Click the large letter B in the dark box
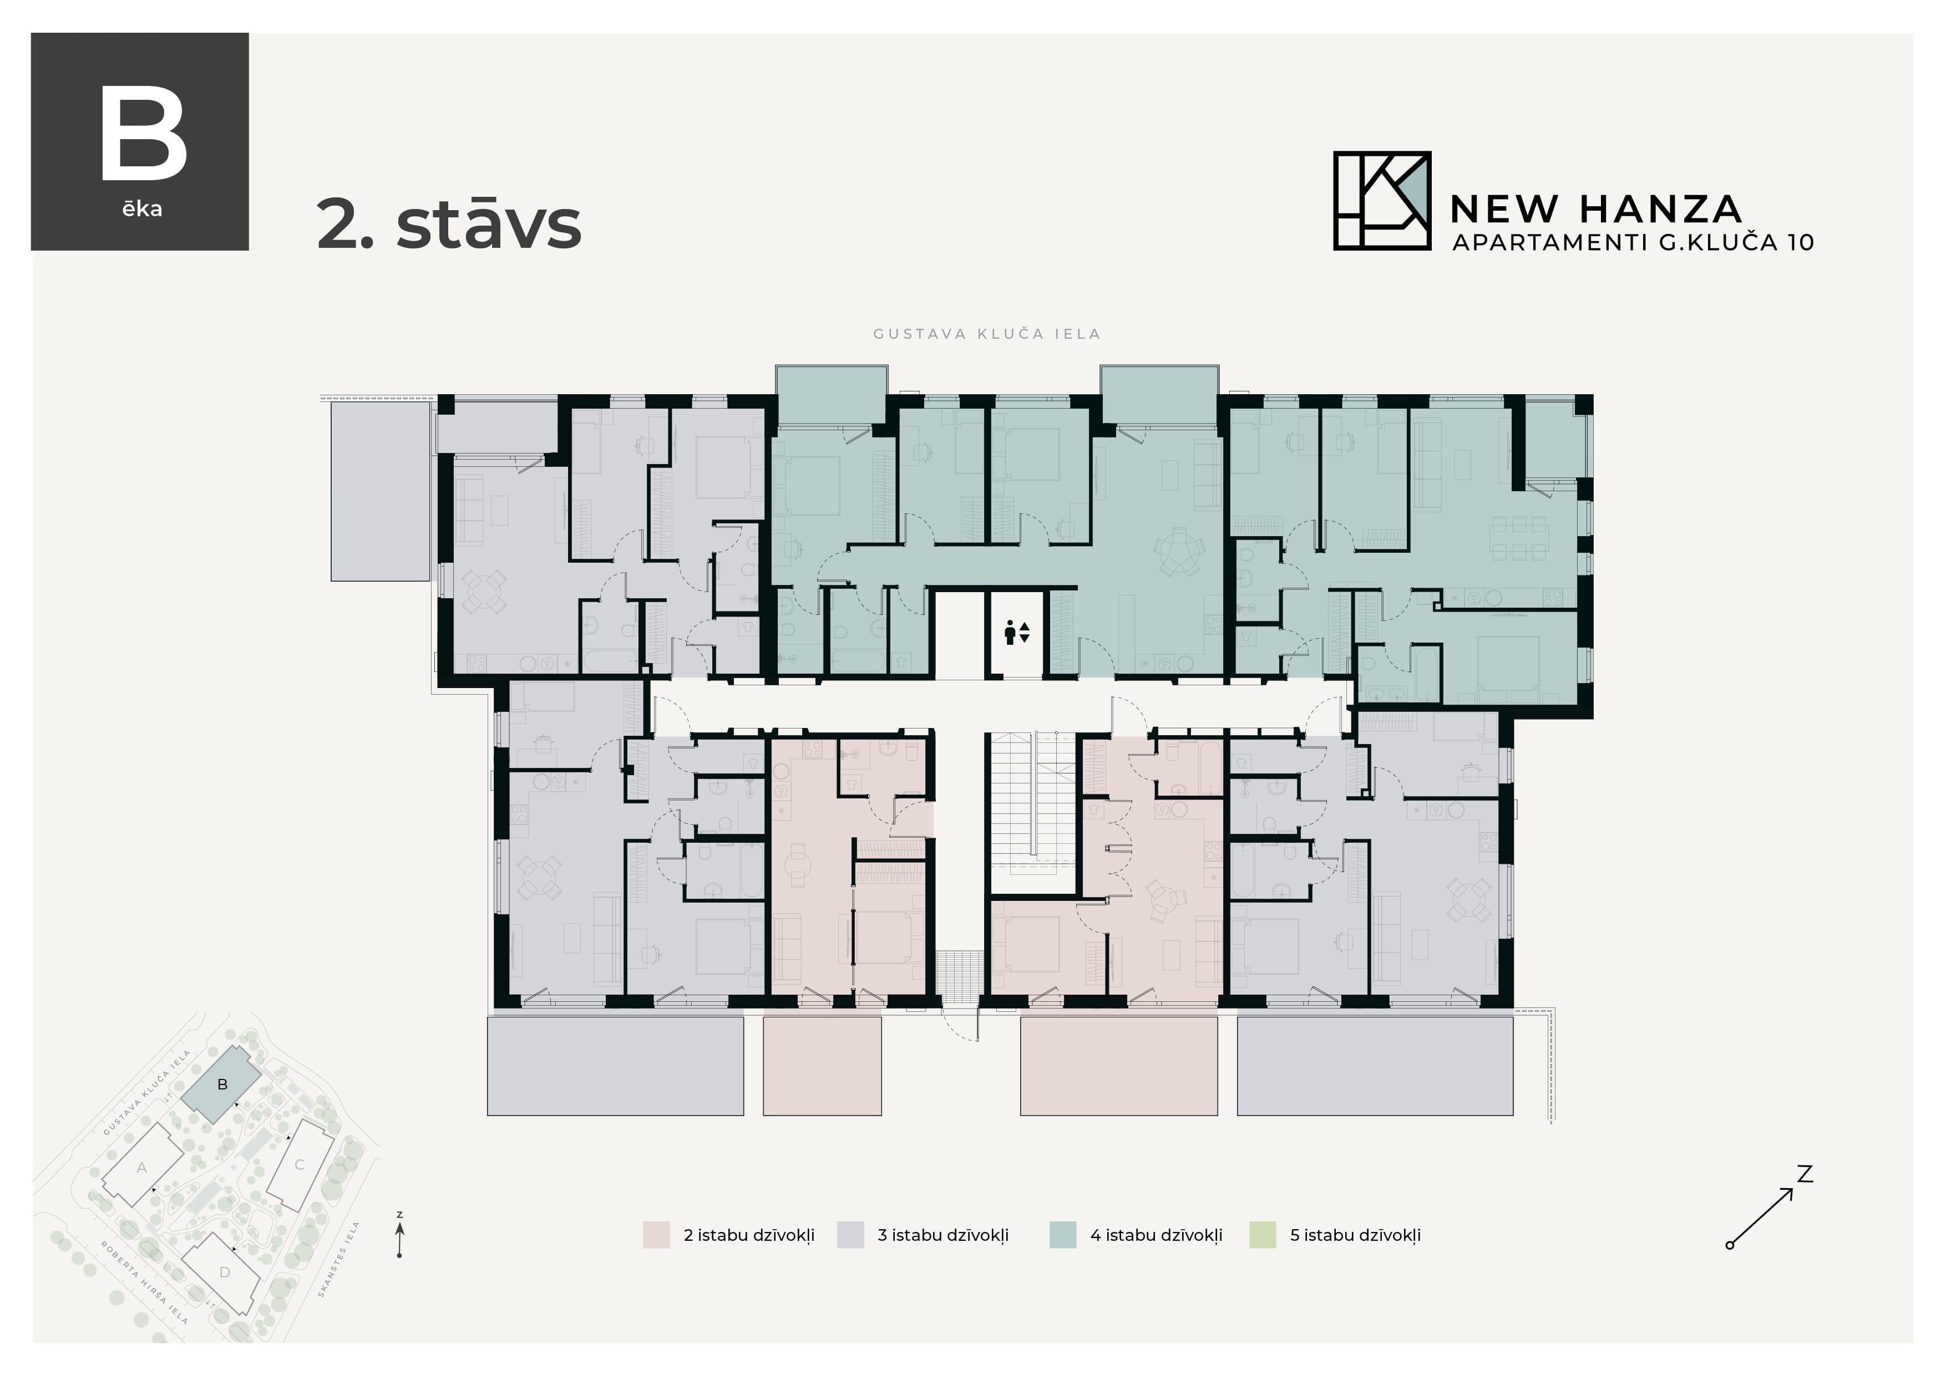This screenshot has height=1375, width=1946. [143, 135]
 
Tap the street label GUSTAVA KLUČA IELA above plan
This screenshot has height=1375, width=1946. [986, 334]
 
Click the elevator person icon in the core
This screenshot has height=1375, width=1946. [1010, 632]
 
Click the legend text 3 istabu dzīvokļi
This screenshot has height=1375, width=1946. [942, 1235]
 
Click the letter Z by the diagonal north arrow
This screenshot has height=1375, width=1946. [1805, 1174]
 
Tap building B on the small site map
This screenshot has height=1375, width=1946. [222, 1084]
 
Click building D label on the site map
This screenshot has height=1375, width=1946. [225, 1272]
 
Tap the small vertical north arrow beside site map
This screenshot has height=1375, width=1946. [399, 1237]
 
